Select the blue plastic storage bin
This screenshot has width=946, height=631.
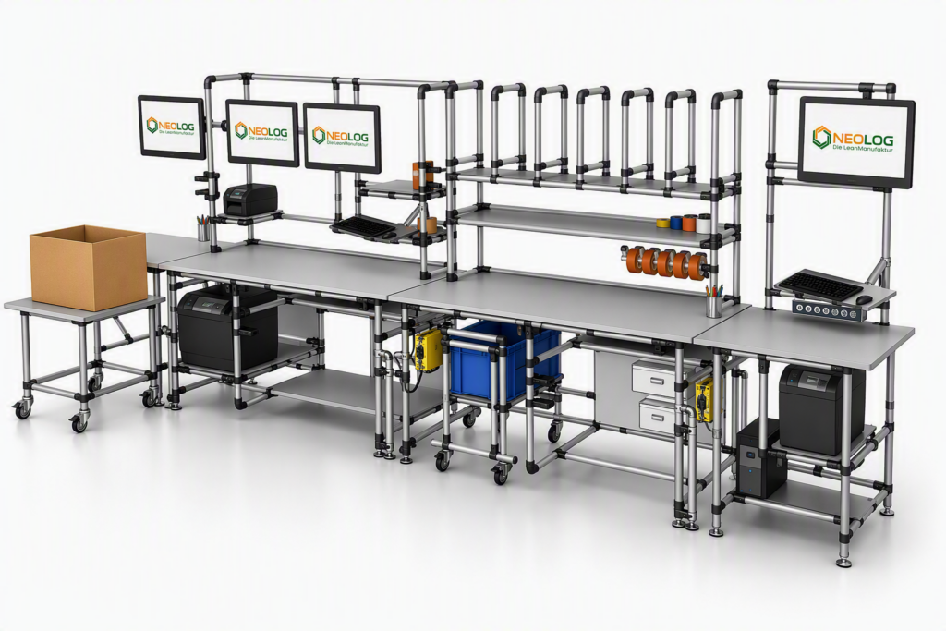(x=505, y=360)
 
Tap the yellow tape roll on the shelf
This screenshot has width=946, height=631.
(x=663, y=224)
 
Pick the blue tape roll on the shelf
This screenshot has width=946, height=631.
(x=676, y=223)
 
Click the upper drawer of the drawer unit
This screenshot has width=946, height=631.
(x=654, y=377)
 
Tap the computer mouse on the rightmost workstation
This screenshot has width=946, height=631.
(x=864, y=300)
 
